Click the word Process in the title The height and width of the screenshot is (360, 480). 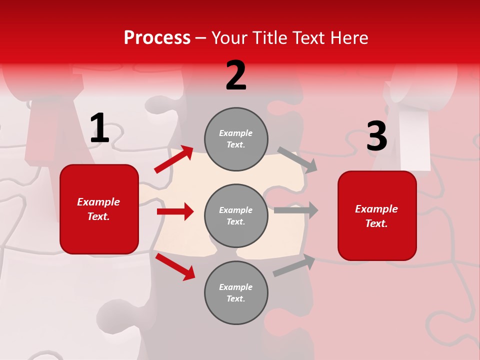[157, 38]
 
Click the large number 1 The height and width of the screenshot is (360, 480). [99, 128]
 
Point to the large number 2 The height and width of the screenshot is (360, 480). [236, 75]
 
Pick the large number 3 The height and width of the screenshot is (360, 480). [376, 136]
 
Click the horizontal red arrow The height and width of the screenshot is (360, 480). [175, 211]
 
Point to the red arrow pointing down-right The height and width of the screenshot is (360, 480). [175, 266]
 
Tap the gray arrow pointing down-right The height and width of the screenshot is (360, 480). [297, 160]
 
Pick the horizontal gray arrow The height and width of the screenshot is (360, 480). [296, 210]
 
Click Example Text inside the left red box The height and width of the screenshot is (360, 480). [98, 209]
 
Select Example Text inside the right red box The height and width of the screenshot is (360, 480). [376, 216]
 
